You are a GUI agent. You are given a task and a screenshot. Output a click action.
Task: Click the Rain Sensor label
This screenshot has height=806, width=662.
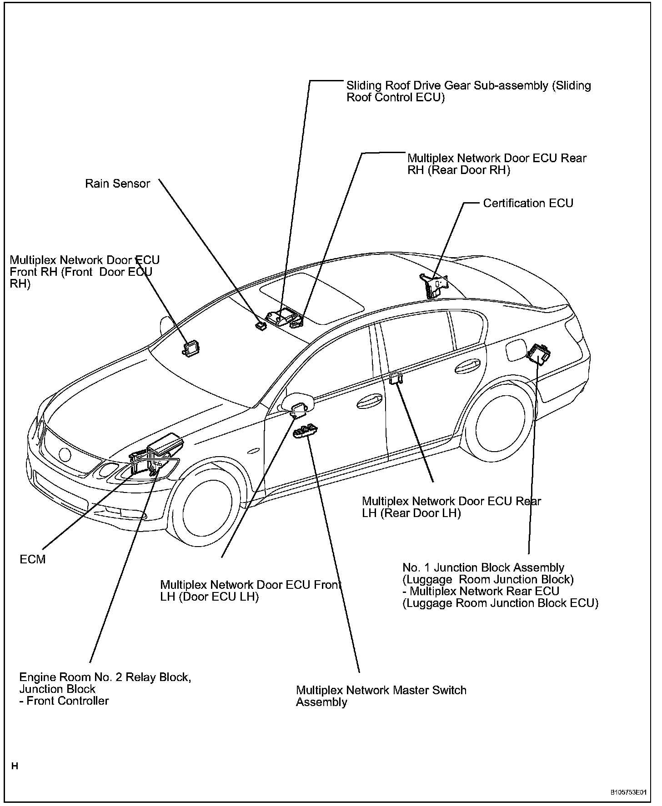pyautogui.click(x=117, y=184)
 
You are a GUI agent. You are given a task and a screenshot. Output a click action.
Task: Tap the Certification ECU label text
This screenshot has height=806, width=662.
pyautogui.click(x=527, y=203)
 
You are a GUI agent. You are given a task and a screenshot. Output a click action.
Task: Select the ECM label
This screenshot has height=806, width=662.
pyautogui.click(x=33, y=559)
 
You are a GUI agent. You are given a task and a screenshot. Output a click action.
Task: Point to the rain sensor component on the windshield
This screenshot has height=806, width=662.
pyautogui.click(x=261, y=325)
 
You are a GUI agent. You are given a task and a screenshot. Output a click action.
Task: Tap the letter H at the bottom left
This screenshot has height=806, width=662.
pyautogui.click(x=15, y=766)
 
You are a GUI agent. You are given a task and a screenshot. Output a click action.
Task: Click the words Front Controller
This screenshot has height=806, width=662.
pyautogui.click(x=68, y=701)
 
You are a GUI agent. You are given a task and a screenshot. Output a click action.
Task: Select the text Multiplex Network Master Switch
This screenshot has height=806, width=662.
pyautogui.click(x=381, y=690)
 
